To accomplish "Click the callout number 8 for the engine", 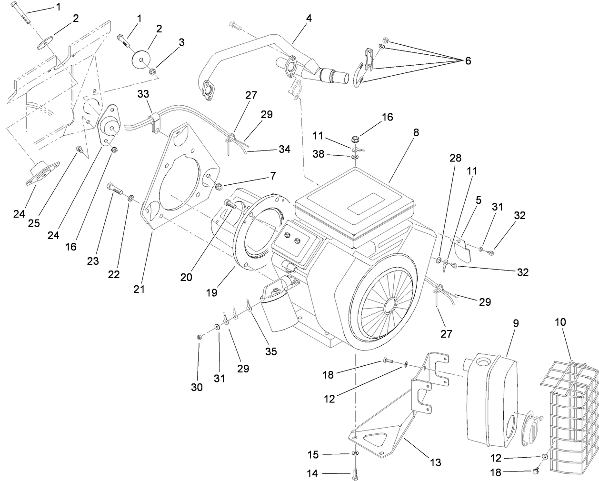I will [x=416, y=133].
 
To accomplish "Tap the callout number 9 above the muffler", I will [x=515, y=323].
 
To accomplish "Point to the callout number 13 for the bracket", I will [x=435, y=462].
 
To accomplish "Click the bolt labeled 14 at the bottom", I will [x=355, y=473].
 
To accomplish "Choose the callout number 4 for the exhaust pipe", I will [x=309, y=20].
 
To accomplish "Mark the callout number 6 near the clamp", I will [x=468, y=61].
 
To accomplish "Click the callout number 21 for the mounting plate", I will [x=139, y=289].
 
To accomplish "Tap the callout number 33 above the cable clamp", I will [x=143, y=95].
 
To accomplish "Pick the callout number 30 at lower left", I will [x=197, y=387].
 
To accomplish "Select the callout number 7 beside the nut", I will [x=272, y=175].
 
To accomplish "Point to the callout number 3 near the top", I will [x=181, y=42].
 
